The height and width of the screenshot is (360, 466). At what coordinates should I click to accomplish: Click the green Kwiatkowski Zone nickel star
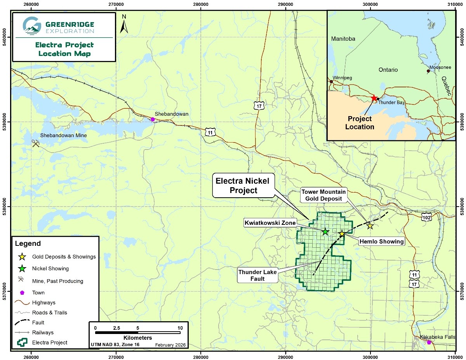click(325, 232)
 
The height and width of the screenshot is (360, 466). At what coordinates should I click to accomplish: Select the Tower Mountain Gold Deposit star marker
click(370, 226)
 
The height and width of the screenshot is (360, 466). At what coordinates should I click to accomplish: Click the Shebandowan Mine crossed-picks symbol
click(36, 144)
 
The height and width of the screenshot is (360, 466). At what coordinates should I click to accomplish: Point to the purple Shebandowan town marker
click(153, 119)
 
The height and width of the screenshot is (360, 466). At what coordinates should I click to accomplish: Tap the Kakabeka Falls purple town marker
click(429, 342)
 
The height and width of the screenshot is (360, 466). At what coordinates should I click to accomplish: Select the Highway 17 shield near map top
click(259, 106)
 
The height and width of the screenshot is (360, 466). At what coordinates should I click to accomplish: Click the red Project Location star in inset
click(374, 98)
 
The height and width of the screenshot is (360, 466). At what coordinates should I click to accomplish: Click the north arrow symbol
click(124, 25)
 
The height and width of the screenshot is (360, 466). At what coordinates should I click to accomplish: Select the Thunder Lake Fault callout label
click(257, 275)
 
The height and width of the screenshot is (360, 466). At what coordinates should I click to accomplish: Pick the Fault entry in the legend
click(38, 322)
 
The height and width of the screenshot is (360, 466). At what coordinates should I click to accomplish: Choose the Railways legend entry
click(43, 332)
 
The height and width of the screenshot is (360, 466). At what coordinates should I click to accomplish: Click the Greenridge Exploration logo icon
click(31, 25)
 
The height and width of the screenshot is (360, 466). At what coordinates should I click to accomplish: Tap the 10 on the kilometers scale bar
click(180, 328)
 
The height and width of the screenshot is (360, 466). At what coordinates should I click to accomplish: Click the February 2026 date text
click(170, 344)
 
